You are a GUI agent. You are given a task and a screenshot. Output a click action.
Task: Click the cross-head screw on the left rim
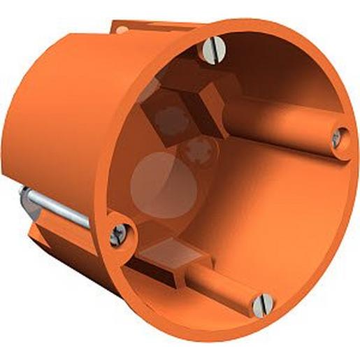[118, 231]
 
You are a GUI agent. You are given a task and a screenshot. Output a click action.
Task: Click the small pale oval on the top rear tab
[124, 30]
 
